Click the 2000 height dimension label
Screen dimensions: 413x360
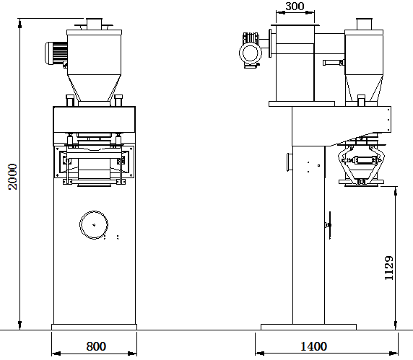12,176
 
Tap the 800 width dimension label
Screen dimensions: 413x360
96,346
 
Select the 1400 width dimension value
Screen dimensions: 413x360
313,346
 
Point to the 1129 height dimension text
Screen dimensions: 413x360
388,268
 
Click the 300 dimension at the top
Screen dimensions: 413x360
295,6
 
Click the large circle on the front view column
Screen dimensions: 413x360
94,225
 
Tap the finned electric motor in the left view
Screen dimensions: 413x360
56,53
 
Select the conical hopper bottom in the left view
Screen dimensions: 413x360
94,88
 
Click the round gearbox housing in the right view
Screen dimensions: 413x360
251,53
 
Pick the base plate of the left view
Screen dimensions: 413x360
94,327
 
